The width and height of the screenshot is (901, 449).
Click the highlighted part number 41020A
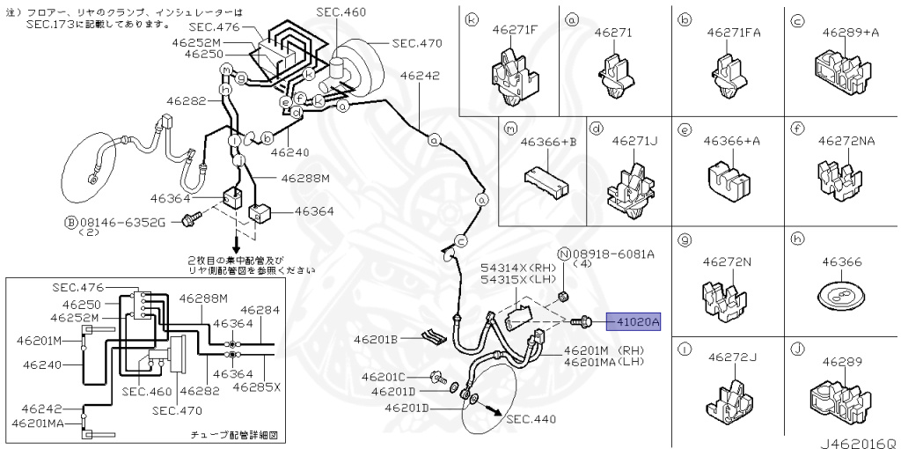click(x=637, y=322)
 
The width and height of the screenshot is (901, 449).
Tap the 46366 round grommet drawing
click(x=836, y=296)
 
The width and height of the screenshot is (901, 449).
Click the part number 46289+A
click(x=850, y=32)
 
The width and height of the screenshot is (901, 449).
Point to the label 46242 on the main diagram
click(x=420, y=76)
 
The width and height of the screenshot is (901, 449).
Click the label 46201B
click(x=377, y=339)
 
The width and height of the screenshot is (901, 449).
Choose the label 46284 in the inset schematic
click(x=260, y=310)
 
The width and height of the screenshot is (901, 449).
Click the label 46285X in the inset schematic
click(x=260, y=386)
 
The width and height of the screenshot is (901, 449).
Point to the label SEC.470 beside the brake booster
click(x=417, y=42)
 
